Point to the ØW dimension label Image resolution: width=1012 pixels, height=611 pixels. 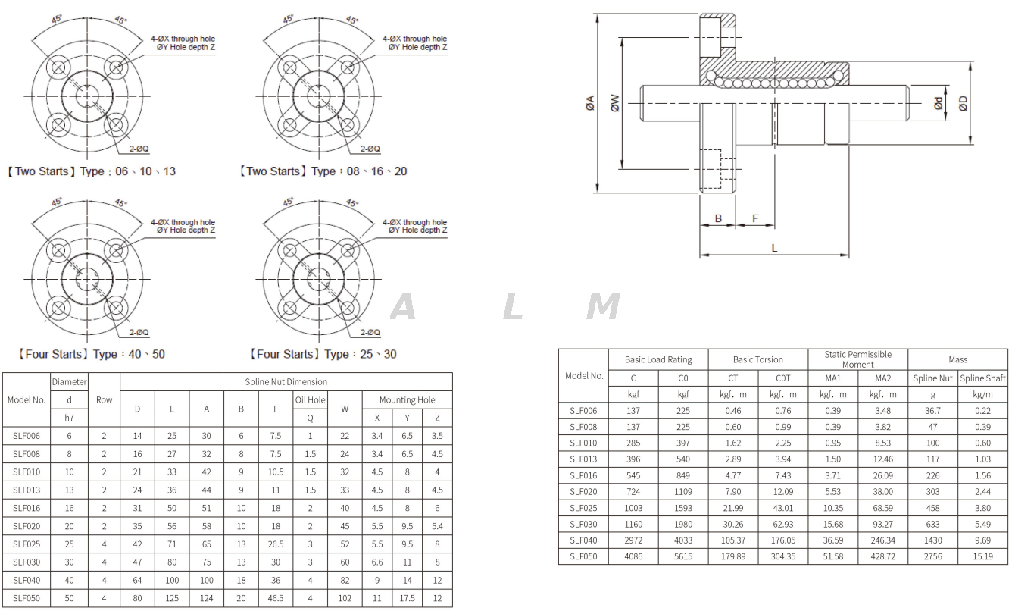pos(614,103)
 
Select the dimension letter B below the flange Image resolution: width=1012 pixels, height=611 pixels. pos(718,218)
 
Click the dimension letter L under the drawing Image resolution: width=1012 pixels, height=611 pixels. pos(774,248)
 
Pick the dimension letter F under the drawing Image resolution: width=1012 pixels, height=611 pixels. pos(754,218)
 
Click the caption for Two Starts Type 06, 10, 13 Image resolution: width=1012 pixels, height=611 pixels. pos(92,171)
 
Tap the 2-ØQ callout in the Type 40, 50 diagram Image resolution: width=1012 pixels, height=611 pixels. pos(139,332)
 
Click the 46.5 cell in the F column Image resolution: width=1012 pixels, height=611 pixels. pos(275,598)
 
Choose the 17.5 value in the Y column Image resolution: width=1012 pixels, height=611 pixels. pos(407,598)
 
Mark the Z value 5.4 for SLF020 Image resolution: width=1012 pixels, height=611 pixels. pos(437,526)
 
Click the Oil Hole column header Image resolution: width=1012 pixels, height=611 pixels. pos(310,399)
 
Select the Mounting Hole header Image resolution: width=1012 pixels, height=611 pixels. pos(407,399)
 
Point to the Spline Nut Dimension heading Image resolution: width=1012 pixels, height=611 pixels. pos(286,381)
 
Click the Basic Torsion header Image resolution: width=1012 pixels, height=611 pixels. pos(757,359)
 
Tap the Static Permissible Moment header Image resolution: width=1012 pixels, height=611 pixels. pos(857,359)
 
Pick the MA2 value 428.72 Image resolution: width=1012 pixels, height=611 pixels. pos(882,556)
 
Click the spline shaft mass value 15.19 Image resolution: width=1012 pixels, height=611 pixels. pos(982,556)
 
